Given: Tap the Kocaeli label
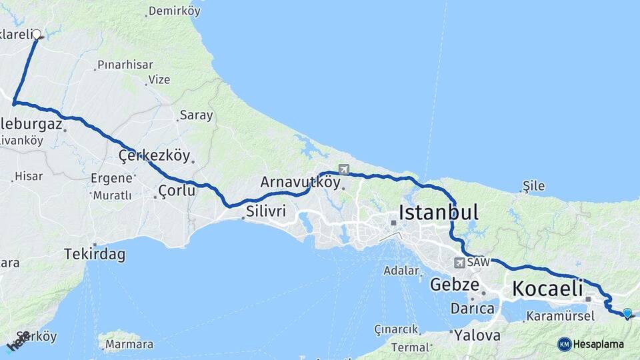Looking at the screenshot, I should [x=547, y=289].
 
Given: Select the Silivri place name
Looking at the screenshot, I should [x=266, y=211].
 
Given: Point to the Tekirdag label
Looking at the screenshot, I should [x=95, y=253].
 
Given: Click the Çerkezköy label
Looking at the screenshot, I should [x=154, y=155].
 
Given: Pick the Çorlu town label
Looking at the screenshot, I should [x=177, y=191].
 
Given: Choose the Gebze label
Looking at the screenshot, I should [x=455, y=285].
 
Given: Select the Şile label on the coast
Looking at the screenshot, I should [x=533, y=185].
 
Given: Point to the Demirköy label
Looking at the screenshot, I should [x=175, y=11].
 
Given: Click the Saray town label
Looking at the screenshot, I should [x=196, y=115].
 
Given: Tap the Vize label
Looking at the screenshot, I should [x=159, y=79].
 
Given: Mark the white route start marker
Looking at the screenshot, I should [x=37, y=34].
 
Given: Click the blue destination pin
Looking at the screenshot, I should [x=627, y=312].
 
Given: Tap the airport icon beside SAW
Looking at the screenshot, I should [x=459, y=263].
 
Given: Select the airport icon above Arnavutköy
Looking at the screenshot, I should [x=344, y=169].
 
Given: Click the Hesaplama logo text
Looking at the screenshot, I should [x=599, y=344].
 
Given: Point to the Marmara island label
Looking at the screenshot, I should [x=130, y=345].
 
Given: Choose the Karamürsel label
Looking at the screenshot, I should [x=560, y=316].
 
